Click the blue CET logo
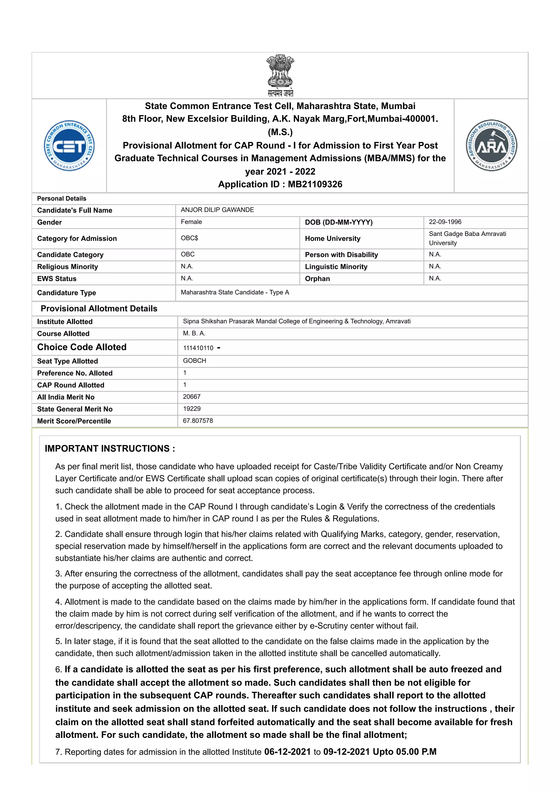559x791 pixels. tap(69, 146)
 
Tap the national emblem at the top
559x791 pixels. tap(280, 75)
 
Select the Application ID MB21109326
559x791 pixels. tap(315, 184)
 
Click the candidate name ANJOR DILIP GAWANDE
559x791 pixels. tap(217, 210)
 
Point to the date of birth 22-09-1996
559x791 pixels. tap(445, 222)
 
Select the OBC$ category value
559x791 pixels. tap(189, 238)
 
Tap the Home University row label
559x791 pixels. tap(332, 238)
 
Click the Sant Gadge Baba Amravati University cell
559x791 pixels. tap(467, 238)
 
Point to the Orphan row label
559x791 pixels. tap(317, 279)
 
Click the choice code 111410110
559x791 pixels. tap(198, 348)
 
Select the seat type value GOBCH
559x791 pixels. tap(194, 361)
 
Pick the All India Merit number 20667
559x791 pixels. tap(192, 397)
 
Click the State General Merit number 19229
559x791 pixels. tap(192, 409)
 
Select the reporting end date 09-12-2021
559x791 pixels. tap(346, 752)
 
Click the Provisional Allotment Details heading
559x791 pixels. tap(99, 308)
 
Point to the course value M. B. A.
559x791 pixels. tap(194, 333)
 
